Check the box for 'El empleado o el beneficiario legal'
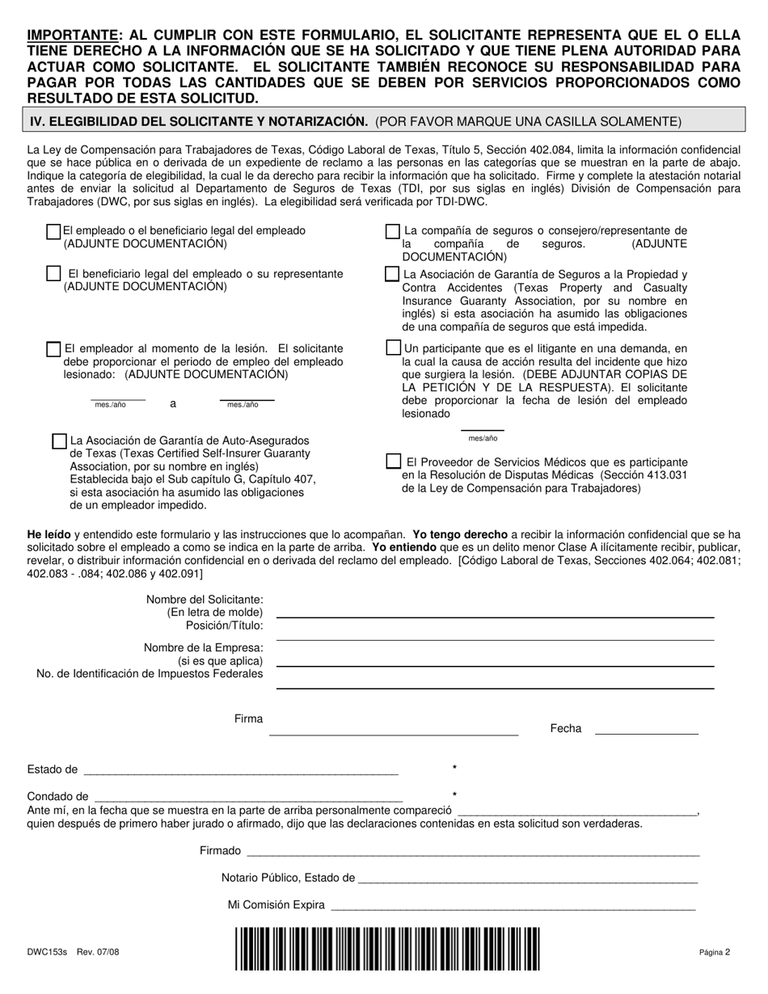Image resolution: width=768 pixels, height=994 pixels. point(54,232)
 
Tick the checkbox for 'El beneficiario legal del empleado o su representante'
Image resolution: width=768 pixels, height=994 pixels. point(54,274)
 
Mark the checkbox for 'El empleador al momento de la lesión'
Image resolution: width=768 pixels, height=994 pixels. point(54,349)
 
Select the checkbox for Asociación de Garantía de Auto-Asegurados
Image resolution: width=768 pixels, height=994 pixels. point(59,441)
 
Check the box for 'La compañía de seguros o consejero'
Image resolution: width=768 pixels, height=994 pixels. point(393,232)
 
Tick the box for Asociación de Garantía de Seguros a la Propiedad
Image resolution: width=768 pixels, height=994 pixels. point(393,274)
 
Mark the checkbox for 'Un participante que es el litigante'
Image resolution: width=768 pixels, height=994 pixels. point(393,348)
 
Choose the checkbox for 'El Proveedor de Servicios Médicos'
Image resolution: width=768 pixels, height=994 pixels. point(394,461)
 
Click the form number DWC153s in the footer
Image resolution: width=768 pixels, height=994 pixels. point(48,954)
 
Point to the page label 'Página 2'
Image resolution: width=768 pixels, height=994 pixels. point(715,952)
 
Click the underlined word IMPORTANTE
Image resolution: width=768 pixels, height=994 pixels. point(72,35)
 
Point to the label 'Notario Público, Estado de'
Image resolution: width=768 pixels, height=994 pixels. point(289,878)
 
